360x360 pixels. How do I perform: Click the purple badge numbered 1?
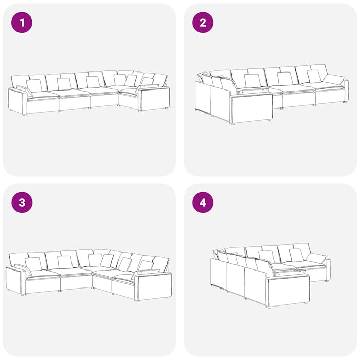point(22,23)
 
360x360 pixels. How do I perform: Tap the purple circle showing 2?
point(203,23)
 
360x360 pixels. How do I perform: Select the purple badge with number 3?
point(22,203)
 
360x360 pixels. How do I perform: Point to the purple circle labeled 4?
point(203,203)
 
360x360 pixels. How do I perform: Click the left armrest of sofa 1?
point(17,101)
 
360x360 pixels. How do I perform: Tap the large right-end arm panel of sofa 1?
point(154,98)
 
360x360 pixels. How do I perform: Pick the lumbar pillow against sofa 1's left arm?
point(24,91)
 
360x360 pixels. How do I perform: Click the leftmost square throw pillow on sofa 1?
point(34,86)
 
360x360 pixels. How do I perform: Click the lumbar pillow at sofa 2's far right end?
point(334,80)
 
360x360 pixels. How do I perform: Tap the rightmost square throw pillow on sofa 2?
point(314,77)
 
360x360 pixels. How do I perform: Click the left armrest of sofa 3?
point(15,281)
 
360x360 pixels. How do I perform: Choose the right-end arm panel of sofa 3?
point(153,285)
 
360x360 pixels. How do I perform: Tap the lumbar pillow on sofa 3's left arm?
point(23,269)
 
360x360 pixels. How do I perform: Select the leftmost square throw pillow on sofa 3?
point(33,264)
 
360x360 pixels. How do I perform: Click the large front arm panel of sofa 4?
point(289,291)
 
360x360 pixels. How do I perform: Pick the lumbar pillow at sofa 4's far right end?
point(316,259)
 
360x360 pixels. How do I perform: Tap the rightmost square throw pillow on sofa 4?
point(297,255)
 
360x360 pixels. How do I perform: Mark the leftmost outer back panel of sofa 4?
point(219,274)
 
